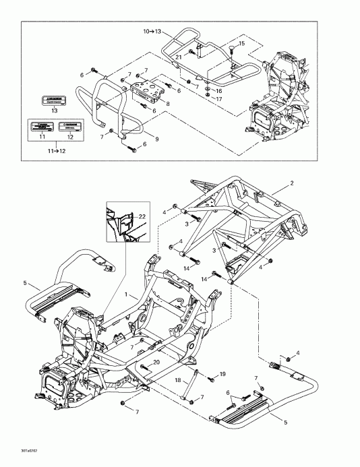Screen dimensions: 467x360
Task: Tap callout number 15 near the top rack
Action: (243, 44)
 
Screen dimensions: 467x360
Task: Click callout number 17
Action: (218, 99)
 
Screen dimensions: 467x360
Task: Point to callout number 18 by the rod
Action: (179, 380)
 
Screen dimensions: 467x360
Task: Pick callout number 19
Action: (222, 373)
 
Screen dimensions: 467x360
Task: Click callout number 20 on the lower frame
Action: (156, 362)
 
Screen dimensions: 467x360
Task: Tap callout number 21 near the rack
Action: (179, 57)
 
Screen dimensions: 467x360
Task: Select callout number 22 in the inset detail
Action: (142, 216)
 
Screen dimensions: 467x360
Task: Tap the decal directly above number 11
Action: (42, 126)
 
